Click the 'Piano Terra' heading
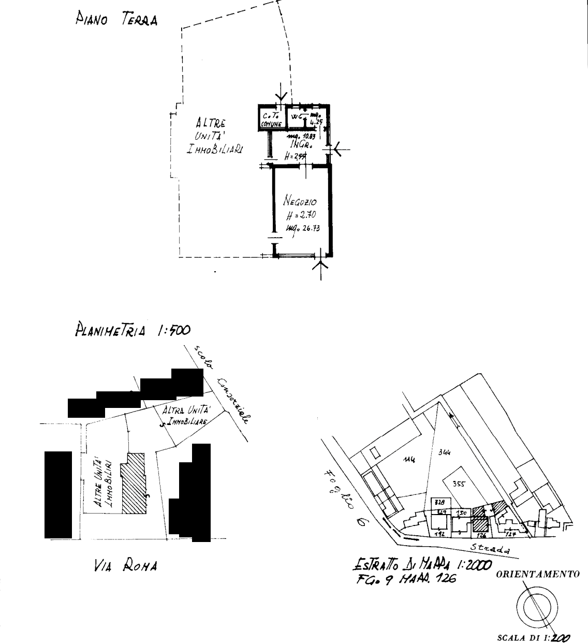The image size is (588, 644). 116,19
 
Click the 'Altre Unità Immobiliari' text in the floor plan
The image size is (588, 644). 215,136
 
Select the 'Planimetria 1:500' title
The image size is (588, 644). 133,330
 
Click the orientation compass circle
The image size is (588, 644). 537,606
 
